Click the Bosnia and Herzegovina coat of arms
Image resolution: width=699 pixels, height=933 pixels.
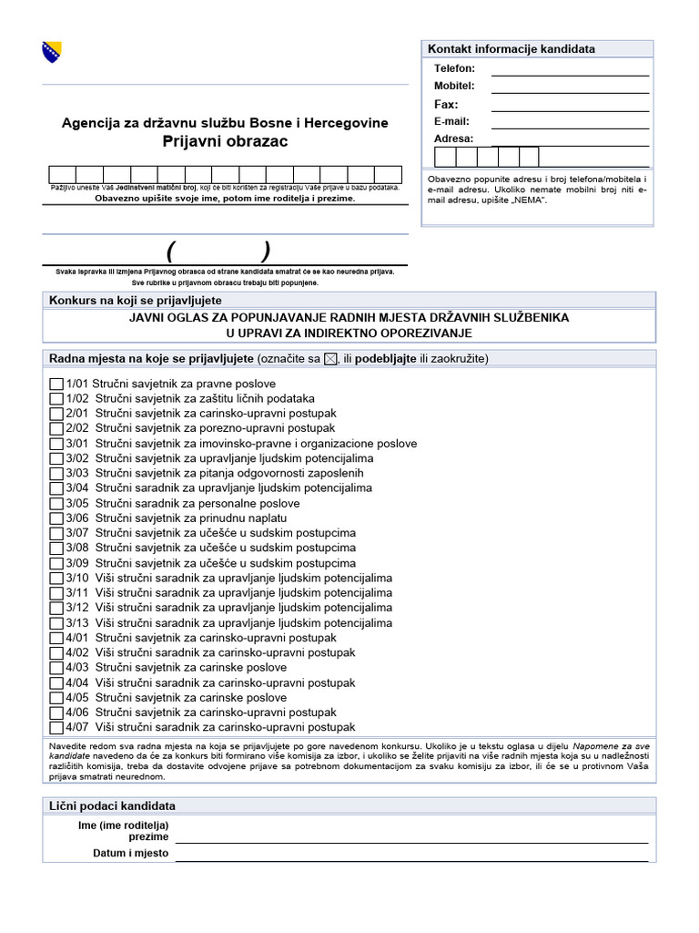52,53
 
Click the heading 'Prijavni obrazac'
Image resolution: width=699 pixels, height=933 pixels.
225,141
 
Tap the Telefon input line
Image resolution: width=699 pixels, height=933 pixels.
570,69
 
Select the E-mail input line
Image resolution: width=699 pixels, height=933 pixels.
570,122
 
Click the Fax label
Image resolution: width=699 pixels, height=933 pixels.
446,104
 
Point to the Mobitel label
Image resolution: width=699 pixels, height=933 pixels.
454,86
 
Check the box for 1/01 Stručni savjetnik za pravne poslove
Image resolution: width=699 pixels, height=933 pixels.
56,384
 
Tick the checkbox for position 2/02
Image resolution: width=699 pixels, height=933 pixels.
56,429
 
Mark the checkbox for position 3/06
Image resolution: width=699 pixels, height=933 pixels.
56,518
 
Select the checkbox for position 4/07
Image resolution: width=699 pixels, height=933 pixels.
56,728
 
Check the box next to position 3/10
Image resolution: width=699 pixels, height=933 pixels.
56,579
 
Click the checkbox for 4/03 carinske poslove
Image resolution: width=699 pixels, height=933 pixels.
56,668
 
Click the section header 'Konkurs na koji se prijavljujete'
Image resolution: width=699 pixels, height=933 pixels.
136,301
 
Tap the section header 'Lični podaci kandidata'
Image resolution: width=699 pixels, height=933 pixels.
112,806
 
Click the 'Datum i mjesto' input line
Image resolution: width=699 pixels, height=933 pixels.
411,856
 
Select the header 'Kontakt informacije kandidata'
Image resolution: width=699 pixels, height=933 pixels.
512,49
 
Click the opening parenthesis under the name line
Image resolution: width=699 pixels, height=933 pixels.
170,251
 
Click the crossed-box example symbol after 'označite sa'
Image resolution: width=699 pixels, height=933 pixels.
330,359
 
